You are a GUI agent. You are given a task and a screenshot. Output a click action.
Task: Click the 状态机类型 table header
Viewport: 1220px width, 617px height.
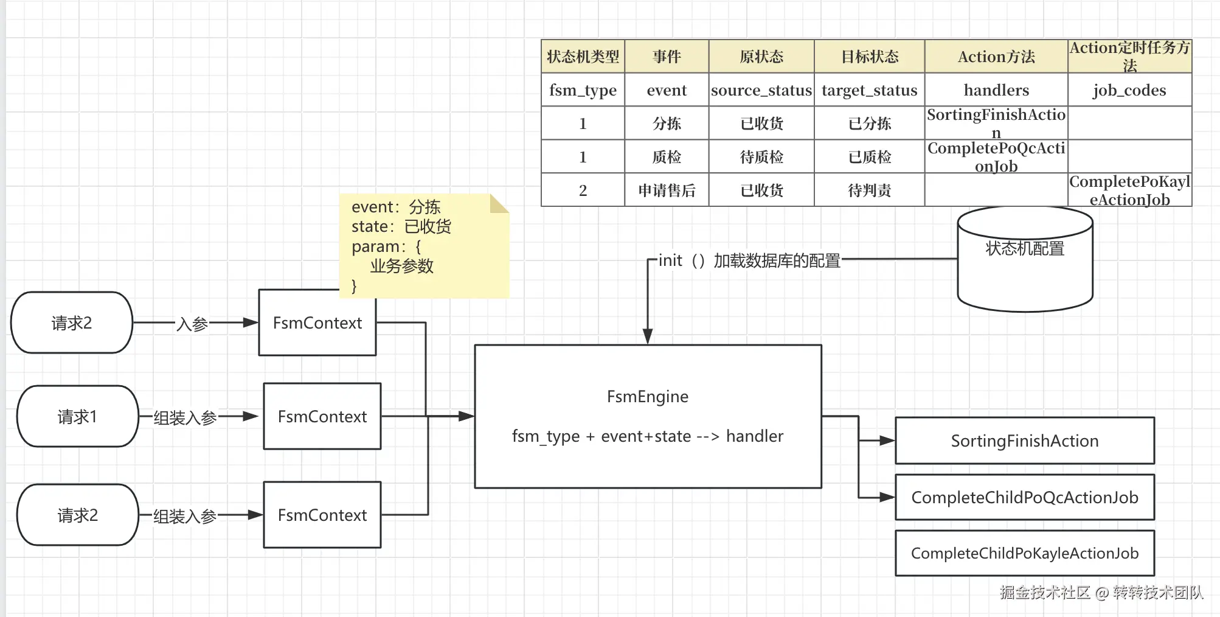pos(583,57)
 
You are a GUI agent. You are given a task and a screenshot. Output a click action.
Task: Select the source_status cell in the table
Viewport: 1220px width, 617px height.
pos(761,90)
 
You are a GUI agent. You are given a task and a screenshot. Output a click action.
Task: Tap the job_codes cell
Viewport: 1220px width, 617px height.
pos(1129,90)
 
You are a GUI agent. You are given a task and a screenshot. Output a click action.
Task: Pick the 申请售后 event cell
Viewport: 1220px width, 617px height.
pos(667,190)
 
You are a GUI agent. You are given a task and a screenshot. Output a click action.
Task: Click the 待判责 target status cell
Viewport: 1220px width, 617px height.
pos(870,190)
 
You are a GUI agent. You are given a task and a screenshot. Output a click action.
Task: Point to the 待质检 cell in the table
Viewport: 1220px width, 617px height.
pos(761,157)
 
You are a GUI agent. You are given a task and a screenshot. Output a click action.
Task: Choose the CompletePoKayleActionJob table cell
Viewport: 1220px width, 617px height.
pos(1129,190)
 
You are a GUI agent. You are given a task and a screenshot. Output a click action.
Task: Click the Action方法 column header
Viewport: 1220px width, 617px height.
pos(996,57)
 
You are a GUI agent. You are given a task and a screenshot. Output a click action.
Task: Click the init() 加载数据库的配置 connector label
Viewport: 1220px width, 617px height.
pos(749,260)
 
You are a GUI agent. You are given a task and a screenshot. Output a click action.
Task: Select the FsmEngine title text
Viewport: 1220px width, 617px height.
pos(648,397)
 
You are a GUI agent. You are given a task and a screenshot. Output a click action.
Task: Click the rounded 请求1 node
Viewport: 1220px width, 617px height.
pos(77,417)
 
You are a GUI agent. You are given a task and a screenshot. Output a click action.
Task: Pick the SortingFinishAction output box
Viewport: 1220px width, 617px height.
pos(1025,441)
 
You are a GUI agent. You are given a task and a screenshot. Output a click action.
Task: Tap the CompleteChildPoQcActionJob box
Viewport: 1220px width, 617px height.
pos(1025,497)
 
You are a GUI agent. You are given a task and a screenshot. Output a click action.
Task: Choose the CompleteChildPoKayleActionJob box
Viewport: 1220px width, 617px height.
pos(1025,553)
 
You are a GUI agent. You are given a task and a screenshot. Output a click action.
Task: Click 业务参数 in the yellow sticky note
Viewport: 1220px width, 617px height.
pos(402,266)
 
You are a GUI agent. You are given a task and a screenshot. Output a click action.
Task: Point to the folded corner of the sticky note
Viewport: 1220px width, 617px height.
pos(499,203)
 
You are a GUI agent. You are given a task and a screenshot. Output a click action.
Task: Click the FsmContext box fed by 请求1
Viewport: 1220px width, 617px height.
pos(322,417)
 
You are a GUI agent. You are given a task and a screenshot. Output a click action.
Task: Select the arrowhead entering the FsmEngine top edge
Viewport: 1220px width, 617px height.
pos(648,336)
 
